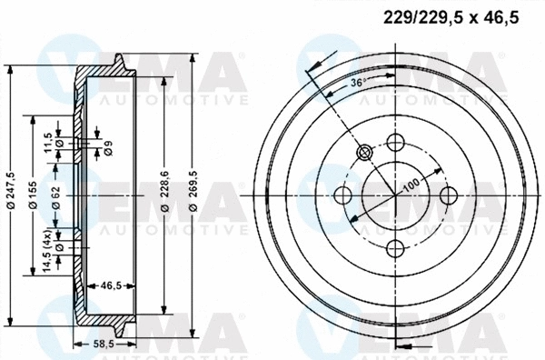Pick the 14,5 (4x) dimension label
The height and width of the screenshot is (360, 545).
(x=46, y=248)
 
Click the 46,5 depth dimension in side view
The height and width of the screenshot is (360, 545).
(x=111, y=285)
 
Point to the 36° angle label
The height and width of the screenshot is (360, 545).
(x=358, y=84)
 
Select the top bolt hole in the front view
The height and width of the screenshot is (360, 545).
(x=395, y=143)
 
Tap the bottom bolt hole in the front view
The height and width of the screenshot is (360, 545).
(x=395, y=248)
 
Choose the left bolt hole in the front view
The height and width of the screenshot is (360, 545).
(x=343, y=195)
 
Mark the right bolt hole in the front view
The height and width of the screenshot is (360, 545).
(x=448, y=195)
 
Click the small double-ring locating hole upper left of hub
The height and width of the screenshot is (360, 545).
(x=364, y=152)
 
